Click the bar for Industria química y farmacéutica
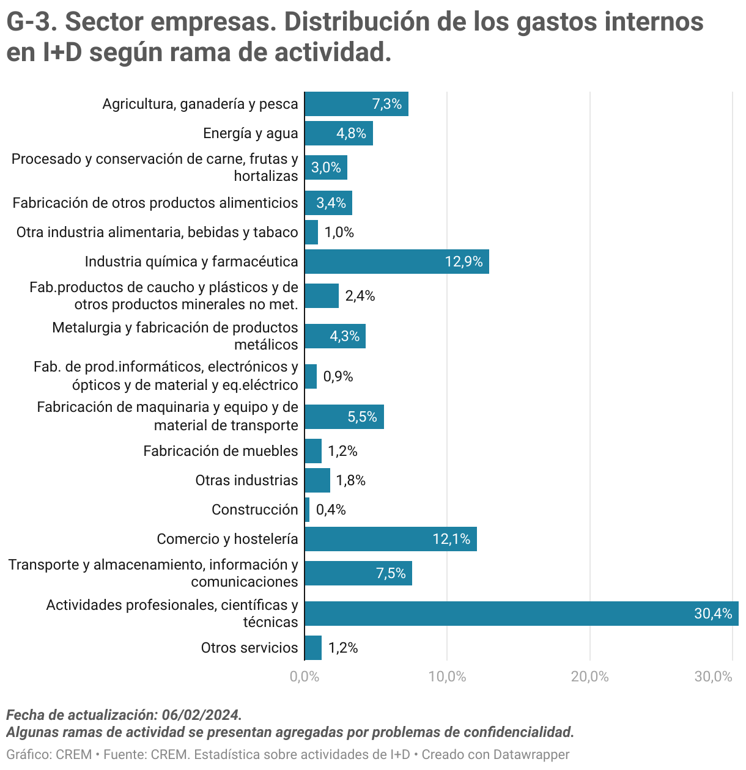tap(396, 262)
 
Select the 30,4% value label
tap(712, 614)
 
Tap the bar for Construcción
tap(307, 510)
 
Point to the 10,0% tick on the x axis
tap(447, 676)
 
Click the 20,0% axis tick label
tap(589, 676)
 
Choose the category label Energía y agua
tap(251, 133)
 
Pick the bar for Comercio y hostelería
tap(390, 539)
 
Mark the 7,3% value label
tap(387, 104)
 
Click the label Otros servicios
tap(249, 648)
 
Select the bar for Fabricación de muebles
tap(313, 451)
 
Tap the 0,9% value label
tap(338, 376)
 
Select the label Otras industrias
tap(246, 480)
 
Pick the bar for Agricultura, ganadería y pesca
tap(356, 104)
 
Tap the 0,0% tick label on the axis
tap(305, 676)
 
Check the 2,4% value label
tap(360, 296)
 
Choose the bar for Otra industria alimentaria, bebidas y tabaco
tap(311, 232)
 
